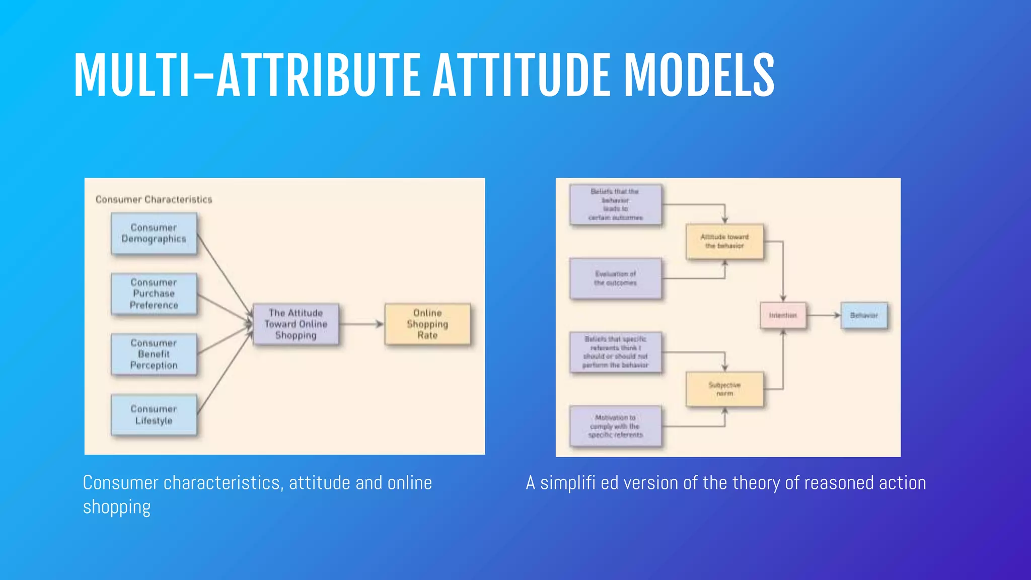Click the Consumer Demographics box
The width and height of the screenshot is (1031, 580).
pos(154,234)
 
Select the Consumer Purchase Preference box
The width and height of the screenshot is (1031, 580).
pos(154,294)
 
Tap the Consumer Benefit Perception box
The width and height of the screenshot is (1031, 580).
pos(154,354)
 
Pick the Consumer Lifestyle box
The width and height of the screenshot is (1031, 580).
pos(154,415)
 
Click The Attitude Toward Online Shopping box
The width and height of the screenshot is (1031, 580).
pos(296,324)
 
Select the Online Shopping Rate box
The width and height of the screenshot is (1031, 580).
pos(427,324)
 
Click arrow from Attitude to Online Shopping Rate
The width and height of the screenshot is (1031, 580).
pos(361,324)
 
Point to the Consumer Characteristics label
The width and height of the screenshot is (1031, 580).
pos(154,200)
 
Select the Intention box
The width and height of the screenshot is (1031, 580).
pos(783,316)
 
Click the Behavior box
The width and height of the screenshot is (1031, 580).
pos(864,316)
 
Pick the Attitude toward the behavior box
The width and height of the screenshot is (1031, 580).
pos(724,242)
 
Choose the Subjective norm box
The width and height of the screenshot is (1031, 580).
pos(724,389)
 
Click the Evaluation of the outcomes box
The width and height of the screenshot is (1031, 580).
pos(615,278)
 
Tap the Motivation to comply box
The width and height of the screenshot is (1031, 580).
pos(615,426)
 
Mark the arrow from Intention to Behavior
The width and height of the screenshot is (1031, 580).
pos(823,316)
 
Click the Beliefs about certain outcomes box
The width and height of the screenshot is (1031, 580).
pos(615,204)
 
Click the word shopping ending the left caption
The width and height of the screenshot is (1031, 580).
pos(117,507)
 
